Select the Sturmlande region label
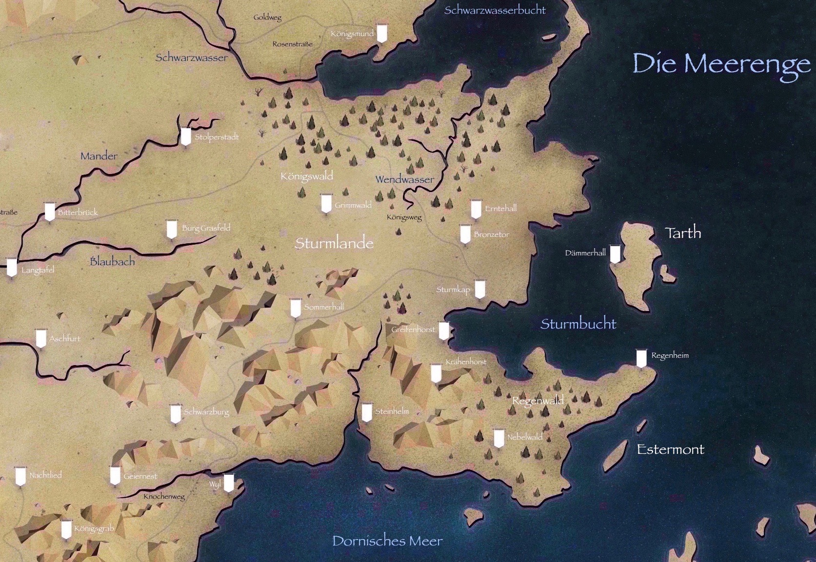334,243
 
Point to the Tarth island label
683,233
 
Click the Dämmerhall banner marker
616,253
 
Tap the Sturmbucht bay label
578,324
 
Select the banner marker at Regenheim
641,358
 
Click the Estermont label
670,449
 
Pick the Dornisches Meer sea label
387,541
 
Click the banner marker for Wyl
228,483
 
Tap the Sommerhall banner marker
295,308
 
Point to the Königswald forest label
306,175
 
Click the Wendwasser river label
404,179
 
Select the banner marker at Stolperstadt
185,136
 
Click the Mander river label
99,156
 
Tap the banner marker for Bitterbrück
49,212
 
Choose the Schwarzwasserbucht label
495,10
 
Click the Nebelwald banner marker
498,438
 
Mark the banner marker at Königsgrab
66,529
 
